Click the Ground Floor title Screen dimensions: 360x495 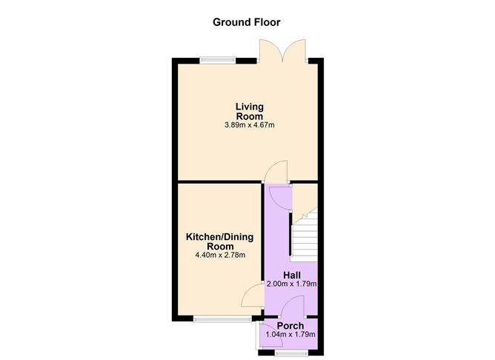(x=247, y=21)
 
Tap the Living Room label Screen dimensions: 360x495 (x=249, y=111)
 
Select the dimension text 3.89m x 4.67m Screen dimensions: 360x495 (x=249, y=125)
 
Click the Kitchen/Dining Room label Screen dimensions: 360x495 (x=219, y=241)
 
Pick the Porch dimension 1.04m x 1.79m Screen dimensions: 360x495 (x=290, y=335)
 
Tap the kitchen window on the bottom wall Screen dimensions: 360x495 (x=213, y=319)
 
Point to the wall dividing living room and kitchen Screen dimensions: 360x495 (x=219, y=181)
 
